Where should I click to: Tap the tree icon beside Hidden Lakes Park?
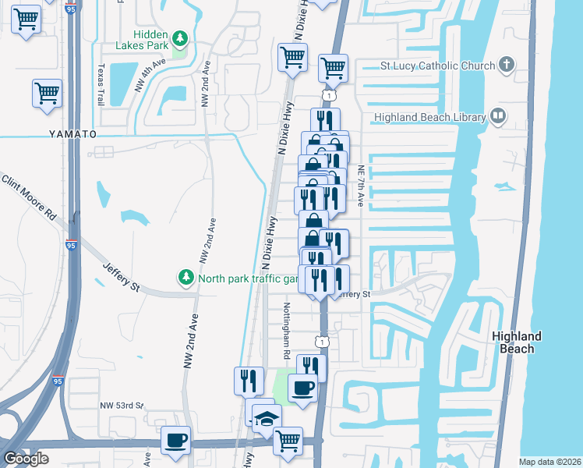[180, 38]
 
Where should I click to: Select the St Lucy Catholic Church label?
[437, 66]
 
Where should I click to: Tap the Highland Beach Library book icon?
[497, 117]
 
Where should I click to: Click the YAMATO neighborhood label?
[72, 134]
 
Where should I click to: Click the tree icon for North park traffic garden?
[185, 277]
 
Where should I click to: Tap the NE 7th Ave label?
[361, 186]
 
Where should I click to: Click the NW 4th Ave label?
[151, 75]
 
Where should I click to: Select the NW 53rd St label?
[122, 406]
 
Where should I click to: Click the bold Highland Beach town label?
[517, 342]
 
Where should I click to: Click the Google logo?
[26, 459]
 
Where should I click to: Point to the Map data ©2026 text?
[549, 462]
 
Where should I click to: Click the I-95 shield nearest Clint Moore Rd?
[71, 244]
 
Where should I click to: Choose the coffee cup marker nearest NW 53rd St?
[175, 441]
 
